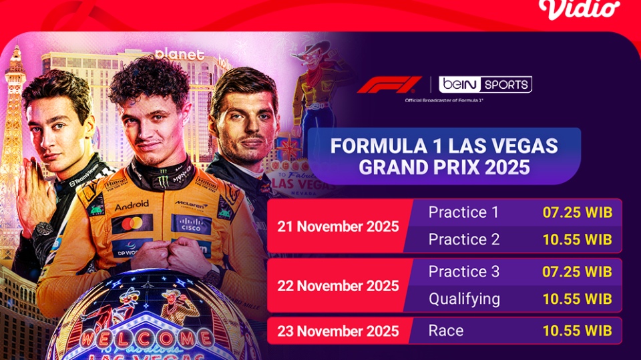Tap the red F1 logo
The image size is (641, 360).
click(389, 85)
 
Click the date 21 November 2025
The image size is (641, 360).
click(338, 226)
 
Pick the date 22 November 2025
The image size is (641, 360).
click(338, 286)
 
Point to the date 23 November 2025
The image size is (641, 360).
click(338, 331)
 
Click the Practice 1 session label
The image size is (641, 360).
click(463, 212)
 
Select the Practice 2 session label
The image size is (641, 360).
click(463, 239)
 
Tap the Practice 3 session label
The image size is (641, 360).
click(463, 272)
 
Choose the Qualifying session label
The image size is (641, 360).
click(464, 299)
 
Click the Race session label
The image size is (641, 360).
click(446, 331)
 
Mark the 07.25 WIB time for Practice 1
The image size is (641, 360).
click(577, 212)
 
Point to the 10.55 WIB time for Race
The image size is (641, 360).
click(577, 331)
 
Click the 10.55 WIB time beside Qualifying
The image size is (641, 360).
click(577, 299)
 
